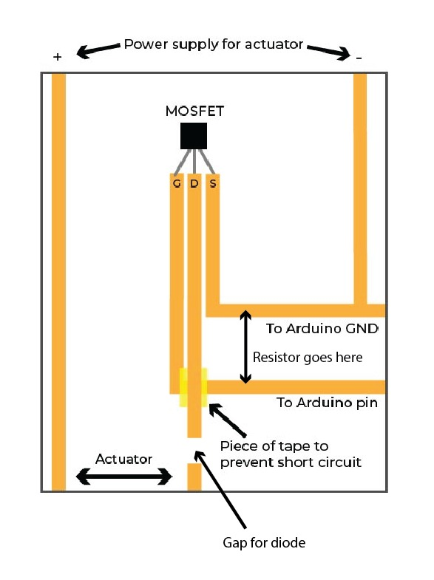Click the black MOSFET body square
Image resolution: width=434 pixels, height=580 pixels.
(x=194, y=136)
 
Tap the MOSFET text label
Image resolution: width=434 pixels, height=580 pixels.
(x=194, y=111)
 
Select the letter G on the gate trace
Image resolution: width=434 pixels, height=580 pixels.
(x=177, y=183)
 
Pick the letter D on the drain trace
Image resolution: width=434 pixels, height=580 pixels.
(x=194, y=183)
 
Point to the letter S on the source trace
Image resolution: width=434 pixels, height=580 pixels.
(x=213, y=183)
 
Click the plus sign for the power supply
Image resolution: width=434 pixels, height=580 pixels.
(x=58, y=57)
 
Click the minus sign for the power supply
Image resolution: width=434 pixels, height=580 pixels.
(x=359, y=58)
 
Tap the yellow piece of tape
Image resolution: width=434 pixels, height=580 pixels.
(x=194, y=387)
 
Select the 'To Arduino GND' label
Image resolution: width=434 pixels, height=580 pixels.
(x=322, y=329)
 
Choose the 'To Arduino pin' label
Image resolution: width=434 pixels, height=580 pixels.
(x=327, y=403)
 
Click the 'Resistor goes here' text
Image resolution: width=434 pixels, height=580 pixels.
(x=308, y=358)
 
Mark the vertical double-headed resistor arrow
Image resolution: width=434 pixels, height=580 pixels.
(x=245, y=347)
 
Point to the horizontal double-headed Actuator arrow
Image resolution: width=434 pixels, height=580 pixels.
(x=124, y=477)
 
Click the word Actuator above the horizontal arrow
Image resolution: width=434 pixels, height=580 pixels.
(x=124, y=459)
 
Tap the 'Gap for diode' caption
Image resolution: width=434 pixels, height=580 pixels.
(x=264, y=543)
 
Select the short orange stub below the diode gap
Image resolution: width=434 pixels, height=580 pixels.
(x=194, y=477)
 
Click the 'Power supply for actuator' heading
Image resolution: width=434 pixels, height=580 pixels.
(x=214, y=44)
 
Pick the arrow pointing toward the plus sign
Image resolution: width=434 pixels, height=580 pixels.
(x=98, y=51)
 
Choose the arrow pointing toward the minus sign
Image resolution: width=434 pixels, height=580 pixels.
(x=328, y=52)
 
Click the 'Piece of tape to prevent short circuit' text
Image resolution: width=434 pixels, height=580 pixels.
(x=291, y=454)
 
